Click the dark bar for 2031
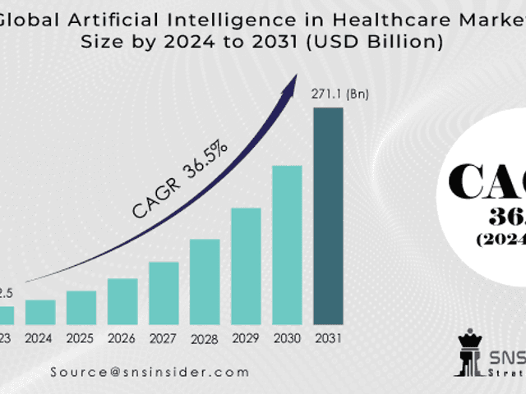[328, 215]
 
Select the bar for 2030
[287, 245]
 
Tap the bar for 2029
[246, 266]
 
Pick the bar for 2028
[205, 282]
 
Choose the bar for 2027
[164, 293]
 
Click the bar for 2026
[122, 301]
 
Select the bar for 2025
[81, 307]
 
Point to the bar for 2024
[40, 312]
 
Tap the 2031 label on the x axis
[328, 337]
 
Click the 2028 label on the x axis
[205, 338]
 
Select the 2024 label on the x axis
[40, 337]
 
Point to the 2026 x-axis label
[122, 337]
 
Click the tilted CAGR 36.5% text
[180, 181]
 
